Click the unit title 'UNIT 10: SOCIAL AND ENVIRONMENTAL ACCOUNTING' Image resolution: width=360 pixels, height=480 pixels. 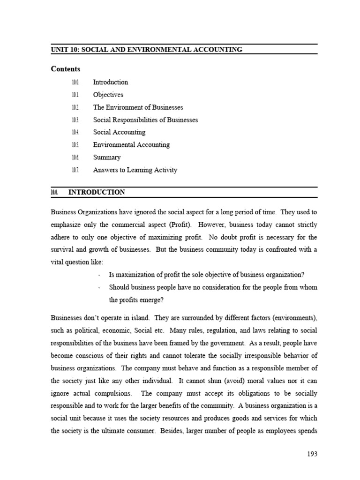147,50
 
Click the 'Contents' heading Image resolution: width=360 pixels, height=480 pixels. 66,69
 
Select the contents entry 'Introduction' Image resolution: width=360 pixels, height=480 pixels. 110,82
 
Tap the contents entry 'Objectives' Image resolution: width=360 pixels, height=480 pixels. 108,95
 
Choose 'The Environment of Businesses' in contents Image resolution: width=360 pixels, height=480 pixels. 138,107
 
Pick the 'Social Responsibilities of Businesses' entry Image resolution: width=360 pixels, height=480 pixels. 145,120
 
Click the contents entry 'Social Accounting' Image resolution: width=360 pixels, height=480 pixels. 119,132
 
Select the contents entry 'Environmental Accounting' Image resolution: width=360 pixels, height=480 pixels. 131,145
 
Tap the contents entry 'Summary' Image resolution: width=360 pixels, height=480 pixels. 106,157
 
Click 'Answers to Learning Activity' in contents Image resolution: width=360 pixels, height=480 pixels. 135,170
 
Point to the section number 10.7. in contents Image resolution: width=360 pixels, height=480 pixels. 75,170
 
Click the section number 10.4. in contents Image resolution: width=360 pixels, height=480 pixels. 75,133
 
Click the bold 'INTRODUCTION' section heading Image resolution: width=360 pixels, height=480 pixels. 97,192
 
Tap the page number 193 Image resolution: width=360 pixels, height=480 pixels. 312,454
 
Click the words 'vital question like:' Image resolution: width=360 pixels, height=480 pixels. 77,262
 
